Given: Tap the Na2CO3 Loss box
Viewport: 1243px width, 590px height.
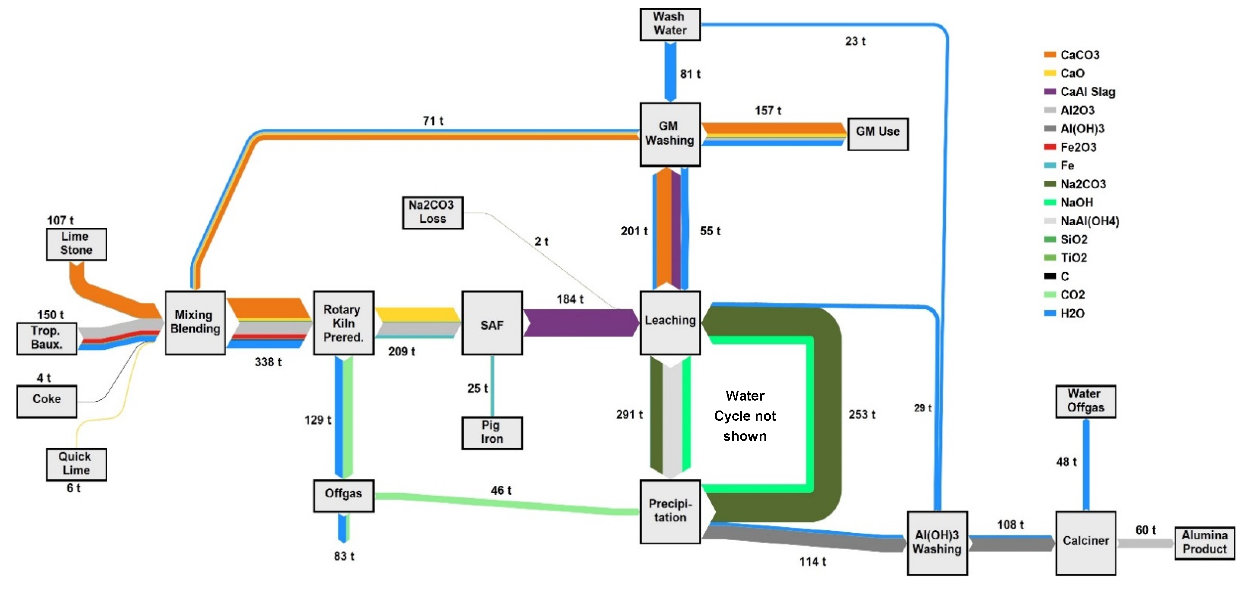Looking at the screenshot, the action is point(432,212).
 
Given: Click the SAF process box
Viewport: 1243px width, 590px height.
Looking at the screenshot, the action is point(492,323).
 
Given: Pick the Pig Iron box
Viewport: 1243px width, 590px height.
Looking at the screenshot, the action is point(492,432).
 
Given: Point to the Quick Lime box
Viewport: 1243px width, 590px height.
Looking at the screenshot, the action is point(76,464).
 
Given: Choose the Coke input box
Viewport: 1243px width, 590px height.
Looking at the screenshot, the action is point(47,401).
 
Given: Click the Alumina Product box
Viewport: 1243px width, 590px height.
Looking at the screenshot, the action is point(1204,543).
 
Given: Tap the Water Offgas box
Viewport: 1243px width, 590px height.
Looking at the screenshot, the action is point(1086,401).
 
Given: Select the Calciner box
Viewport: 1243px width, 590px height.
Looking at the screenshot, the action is point(1086,543).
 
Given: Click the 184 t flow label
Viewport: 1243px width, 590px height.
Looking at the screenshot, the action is point(570,299).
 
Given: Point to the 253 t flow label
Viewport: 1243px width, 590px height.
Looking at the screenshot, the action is point(862,414).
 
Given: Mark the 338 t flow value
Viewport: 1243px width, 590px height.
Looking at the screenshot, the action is point(268,362).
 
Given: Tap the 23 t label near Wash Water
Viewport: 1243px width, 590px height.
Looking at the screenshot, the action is point(855,42).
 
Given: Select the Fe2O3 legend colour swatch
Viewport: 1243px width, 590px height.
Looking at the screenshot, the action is point(1050,147).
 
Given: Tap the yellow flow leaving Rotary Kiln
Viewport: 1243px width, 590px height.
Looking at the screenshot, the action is point(418,314).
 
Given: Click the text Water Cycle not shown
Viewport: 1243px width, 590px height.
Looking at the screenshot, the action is point(745,416).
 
